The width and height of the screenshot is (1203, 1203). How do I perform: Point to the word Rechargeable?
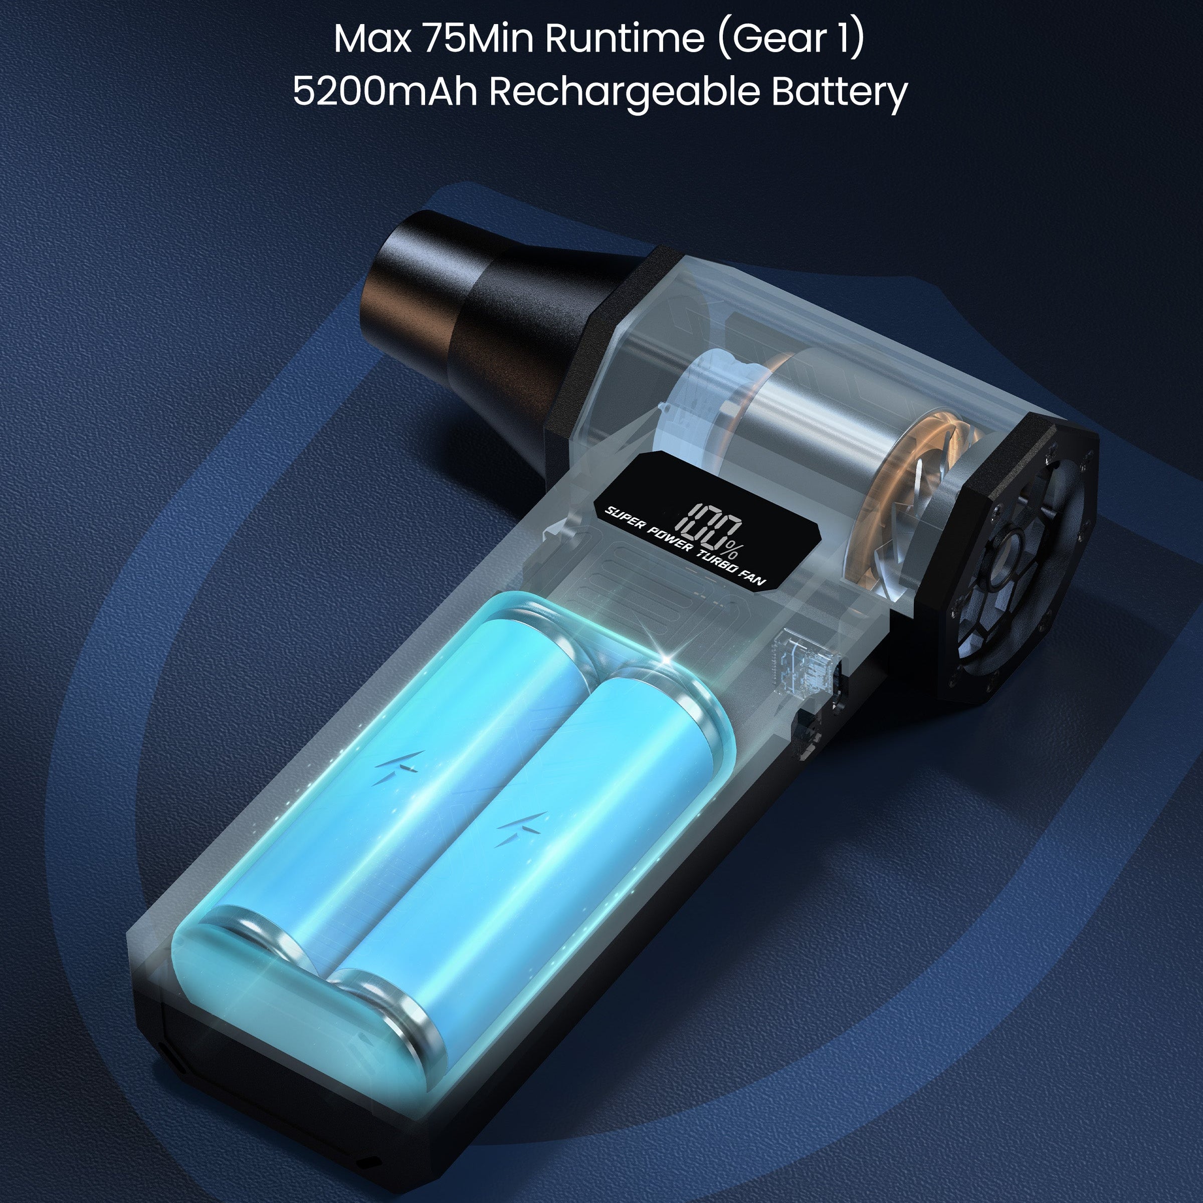(x=625, y=92)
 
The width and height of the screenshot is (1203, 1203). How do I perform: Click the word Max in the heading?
(x=372, y=39)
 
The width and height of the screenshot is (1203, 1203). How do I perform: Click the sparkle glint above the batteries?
(x=669, y=658)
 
